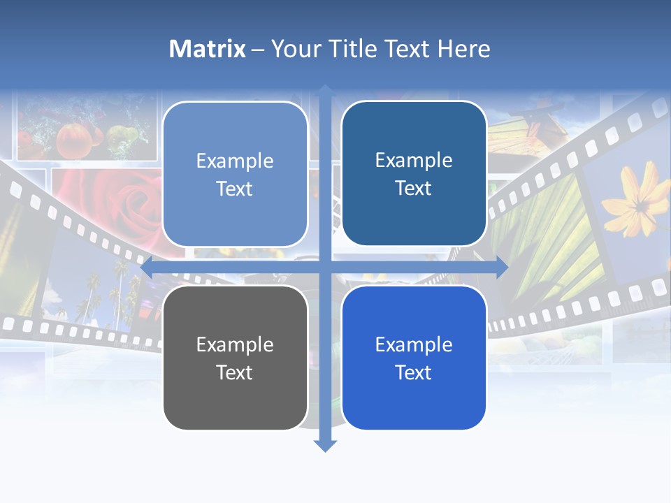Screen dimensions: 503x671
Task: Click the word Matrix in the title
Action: pyautogui.click(x=207, y=49)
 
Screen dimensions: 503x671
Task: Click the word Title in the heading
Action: pyautogui.click(x=354, y=49)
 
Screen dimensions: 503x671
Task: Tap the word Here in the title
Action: pyautogui.click(x=464, y=49)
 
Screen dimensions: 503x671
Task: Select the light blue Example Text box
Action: pyautogui.click(x=235, y=174)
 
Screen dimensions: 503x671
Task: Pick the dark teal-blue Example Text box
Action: pyautogui.click(x=414, y=173)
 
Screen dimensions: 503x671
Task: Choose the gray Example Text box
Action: pyautogui.click(x=235, y=358)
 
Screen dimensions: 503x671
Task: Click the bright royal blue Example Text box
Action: pyautogui.click(x=414, y=358)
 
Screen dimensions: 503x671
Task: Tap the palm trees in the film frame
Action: pyautogui.click(x=105, y=293)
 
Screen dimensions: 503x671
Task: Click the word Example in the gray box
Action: pyautogui.click(x=235, y=344)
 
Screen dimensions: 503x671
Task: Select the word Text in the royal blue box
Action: pyautogui.click(x=414, y=372)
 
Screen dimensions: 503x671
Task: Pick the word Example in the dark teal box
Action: pyautogui.click(x=414, y=160)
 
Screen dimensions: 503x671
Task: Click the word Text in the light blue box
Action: pyautogui.click(x=235, y=189)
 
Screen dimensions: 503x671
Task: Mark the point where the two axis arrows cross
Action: pyautogui.click(x=325, y=268)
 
